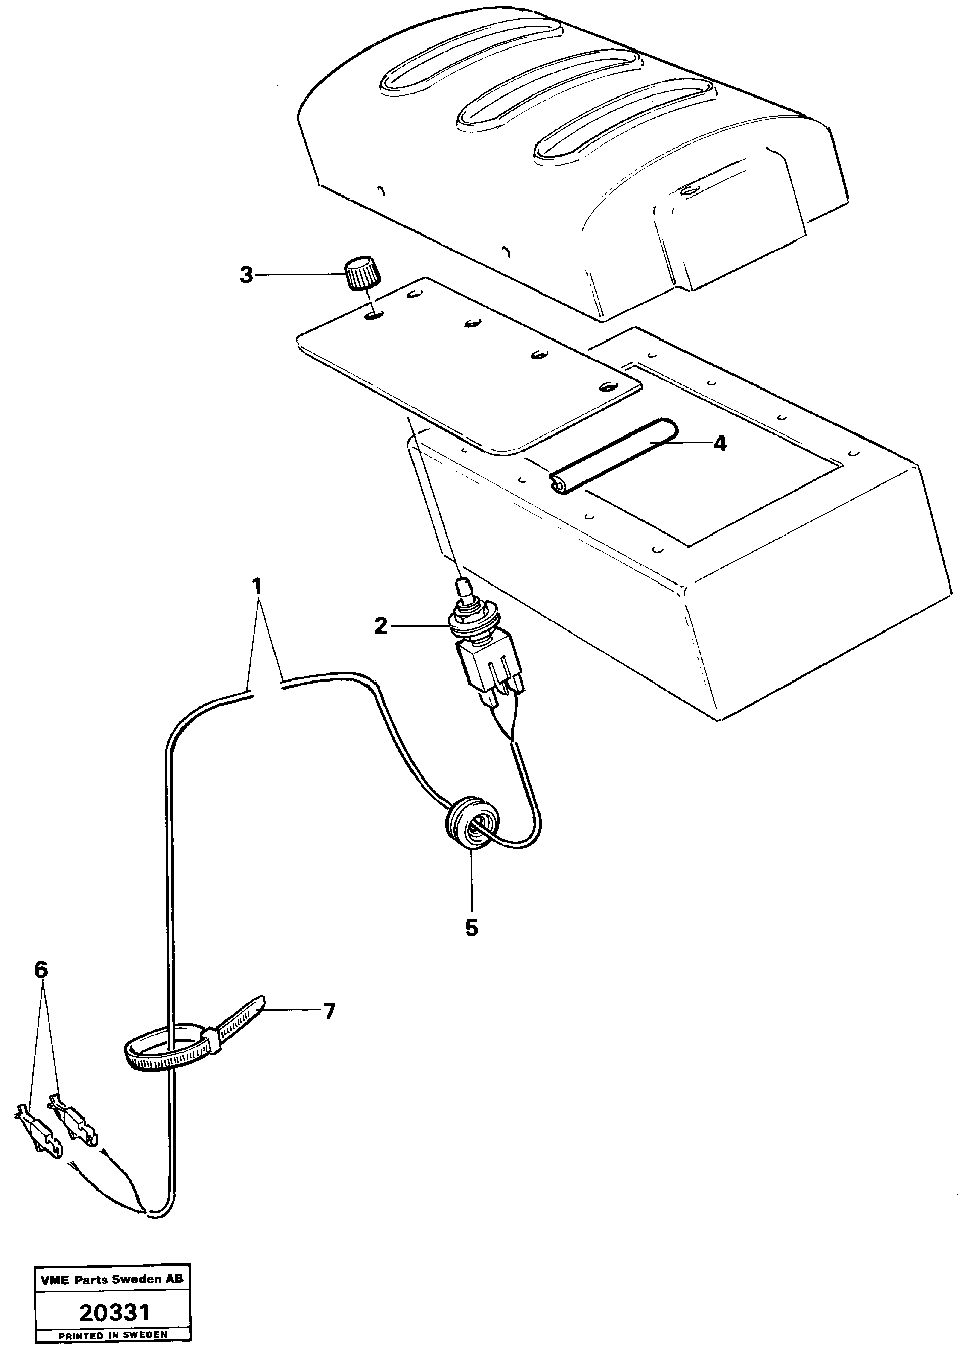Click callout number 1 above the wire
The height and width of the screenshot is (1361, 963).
point(256,587)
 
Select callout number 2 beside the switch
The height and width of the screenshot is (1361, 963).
point(381,626)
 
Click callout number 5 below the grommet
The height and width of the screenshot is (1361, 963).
point(472,928)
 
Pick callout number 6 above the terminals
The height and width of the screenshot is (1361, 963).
point(40,970)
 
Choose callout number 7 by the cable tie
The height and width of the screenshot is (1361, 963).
point(328,1011)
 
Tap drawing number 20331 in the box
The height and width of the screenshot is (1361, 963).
point(114,1313)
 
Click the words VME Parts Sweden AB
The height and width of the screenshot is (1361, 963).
point(113,1279)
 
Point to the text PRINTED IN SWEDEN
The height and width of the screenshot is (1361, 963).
point(113,1335)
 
